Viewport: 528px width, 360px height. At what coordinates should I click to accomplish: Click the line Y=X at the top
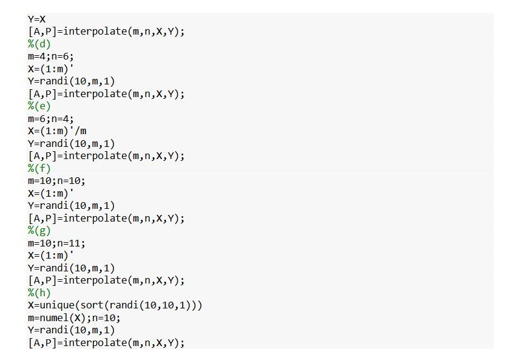[36, 19]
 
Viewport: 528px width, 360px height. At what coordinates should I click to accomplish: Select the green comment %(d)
[39, 44]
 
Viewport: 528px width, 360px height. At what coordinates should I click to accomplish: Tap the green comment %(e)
[39, 106]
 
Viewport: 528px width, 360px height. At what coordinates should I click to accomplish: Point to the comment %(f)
[39, 168]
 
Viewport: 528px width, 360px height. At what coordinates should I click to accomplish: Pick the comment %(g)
[39, 231]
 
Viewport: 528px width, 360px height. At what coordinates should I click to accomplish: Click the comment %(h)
[39, 293]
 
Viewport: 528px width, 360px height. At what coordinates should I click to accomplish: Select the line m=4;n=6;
[50, 56]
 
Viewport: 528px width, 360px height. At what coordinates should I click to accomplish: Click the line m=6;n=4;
[50, 118]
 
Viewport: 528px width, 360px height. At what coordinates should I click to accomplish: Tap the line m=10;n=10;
[56, 181]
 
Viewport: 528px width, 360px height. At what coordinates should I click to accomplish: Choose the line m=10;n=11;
[56, 243]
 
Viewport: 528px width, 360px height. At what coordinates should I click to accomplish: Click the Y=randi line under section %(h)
[71, 330]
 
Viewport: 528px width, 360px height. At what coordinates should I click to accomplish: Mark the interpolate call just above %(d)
[106, 32]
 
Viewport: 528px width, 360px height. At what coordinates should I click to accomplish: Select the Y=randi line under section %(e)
[71, 143]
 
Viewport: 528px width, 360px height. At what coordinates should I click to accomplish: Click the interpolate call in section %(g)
[106, 280]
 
